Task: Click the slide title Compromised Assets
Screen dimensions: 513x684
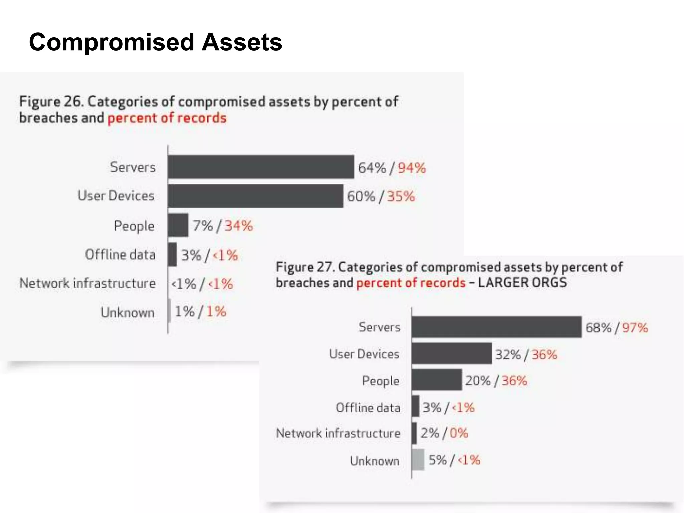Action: pyautogui.click(x=155, y=42)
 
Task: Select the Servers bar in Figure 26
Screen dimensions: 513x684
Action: pyautogui.click(x=261, y=167)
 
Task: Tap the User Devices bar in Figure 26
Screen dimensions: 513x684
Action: pyautogui.click(x=255, y=196)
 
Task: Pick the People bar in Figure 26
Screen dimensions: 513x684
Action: pyautogui.click(x=178, y=225)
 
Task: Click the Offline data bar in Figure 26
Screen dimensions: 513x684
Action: pyautogui.click(x=172, y=254)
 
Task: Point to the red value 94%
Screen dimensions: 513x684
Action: pyautogui.click(x=412, y=168)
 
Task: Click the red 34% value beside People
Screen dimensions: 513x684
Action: pyautogui.click(x=238, y=226)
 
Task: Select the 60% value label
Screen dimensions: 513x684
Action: pyautogui.click(x=361, y=196)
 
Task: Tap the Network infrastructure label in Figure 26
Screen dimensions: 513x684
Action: pyautogui.click(x=88, y=283)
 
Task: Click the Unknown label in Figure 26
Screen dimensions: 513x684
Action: pyautogui.click(x=128, y=312)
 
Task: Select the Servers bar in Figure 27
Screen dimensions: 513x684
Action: pyautogui.click(x=496, y=327)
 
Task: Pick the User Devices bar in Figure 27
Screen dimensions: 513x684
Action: pyautogui.click(x=452, y=353)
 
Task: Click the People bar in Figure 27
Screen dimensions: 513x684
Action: pyautogui.click(x=437, y=380)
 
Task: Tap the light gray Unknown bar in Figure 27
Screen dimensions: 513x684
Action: pyautogui.click(x=418, y=460)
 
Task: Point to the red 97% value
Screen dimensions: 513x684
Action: pyautogui.click(x=635, y=328)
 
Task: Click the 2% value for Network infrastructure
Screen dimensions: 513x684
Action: pyautogui.click(x=430, y=433)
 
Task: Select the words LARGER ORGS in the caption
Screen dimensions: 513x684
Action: pyautogui.click(x=522, y=283)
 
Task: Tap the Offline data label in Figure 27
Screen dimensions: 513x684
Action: pyautogui.click(x=368, y=408)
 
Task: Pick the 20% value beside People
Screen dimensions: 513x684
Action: pyautogui.click(x=478, y=381)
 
